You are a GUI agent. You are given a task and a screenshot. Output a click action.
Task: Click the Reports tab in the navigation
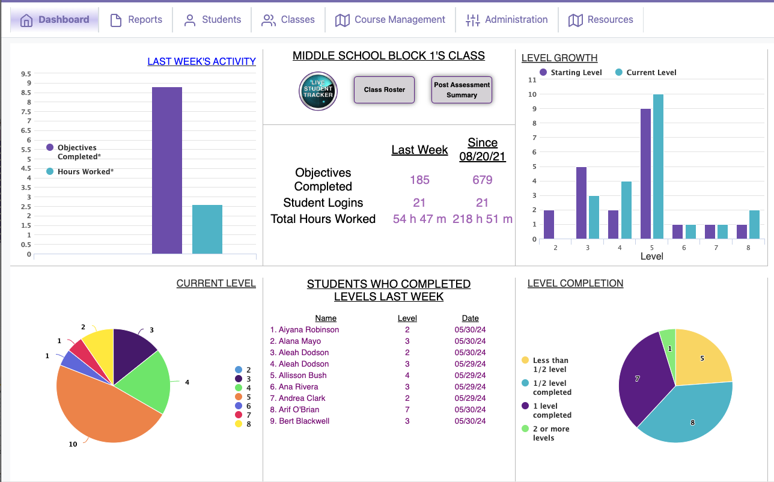pos(136,20)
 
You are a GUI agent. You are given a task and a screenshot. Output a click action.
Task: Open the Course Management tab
pos(391,20)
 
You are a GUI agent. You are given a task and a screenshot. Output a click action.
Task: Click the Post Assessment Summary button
pos(462,90)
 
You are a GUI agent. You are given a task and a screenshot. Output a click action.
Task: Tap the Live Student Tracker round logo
pos(318,91)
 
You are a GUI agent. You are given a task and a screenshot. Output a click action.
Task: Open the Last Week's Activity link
pos(201,61)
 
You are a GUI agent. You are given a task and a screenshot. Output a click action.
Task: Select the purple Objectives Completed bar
pos(167,171)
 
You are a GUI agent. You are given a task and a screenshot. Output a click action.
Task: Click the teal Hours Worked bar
pos(207,230)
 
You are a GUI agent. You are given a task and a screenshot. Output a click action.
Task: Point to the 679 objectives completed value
pos(483,180)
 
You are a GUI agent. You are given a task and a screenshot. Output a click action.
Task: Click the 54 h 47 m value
pos(419,219)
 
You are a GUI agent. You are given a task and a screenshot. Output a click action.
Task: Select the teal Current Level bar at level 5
pos(658,167)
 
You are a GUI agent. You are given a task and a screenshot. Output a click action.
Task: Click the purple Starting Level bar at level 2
pos(549,225)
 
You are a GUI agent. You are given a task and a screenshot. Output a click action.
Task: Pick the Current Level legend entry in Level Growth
pos(646,73)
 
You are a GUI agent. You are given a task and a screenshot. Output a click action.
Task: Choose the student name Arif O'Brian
pos(299,410)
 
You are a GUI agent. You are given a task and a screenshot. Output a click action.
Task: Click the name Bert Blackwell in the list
pos(304,421)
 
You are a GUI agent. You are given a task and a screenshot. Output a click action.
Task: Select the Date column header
pos(470,319)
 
